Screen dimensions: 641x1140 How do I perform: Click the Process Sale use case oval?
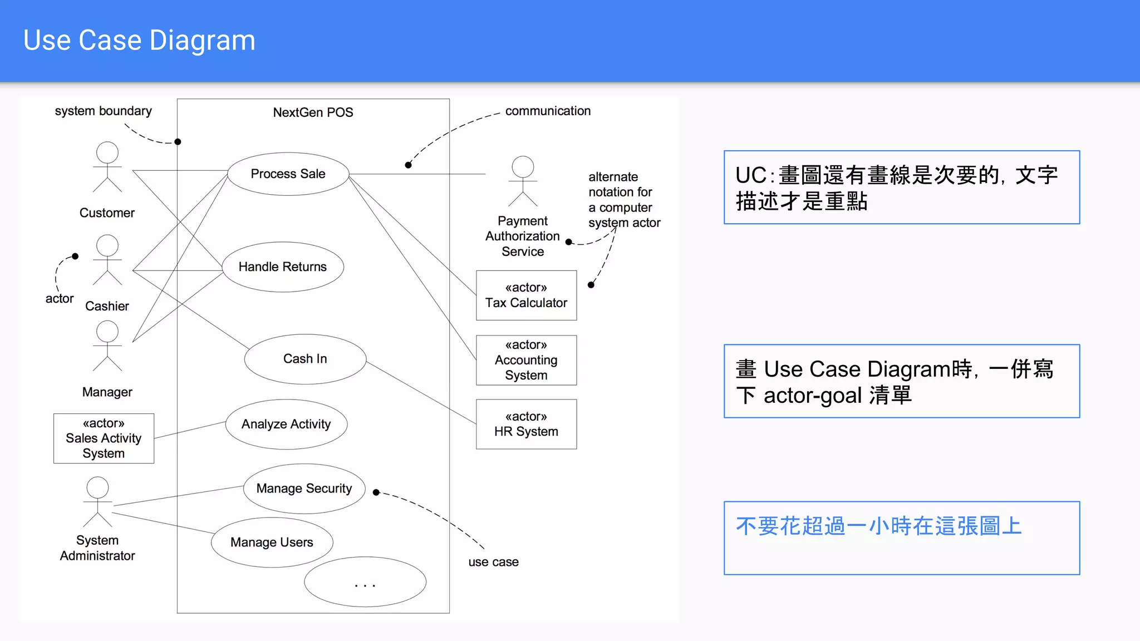288,174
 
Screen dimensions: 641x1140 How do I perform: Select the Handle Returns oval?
282,267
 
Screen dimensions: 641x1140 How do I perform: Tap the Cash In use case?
305,359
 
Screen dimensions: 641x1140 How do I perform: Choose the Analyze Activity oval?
286,424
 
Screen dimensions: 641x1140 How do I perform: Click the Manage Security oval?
304,489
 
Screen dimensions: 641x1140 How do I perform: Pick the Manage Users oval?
272,543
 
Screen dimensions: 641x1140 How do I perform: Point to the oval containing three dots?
365,582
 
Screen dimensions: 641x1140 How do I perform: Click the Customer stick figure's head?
107,152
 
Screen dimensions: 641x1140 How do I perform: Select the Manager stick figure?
107,346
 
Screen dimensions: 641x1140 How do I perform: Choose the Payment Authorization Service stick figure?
523,181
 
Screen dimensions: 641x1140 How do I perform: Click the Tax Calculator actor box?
526,295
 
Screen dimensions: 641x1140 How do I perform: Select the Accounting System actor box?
526,360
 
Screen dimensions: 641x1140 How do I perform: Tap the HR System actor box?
526,424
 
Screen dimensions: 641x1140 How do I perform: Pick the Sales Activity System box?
104,438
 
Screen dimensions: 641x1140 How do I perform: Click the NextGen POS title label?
313,112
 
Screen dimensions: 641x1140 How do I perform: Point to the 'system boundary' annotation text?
103,111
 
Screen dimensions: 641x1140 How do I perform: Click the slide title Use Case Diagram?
139,41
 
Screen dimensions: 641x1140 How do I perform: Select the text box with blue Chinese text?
901,538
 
